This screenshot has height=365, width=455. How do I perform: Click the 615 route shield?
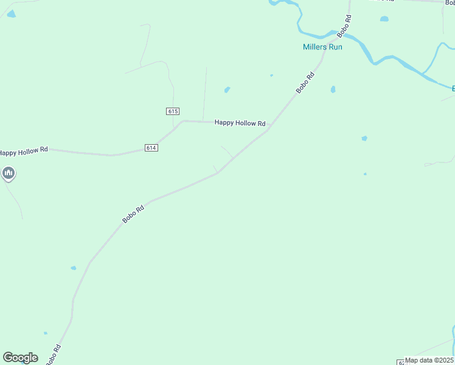[x=173, y=111]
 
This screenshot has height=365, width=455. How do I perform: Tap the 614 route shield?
[x=151, y=148]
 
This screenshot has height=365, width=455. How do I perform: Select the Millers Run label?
[x=322, y=47]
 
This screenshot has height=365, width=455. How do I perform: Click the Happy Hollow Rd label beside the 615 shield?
[x=240, y=123]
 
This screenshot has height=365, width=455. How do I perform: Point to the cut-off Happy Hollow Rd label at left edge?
[x=24, y=151]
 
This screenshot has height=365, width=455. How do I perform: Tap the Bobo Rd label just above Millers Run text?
[x=346, y=24]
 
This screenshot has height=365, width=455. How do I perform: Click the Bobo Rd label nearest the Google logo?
[x=54, y=355]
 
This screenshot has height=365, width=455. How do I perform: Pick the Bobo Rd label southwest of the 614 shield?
[x=133, y=214]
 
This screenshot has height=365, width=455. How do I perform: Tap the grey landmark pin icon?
[x=9, y=174]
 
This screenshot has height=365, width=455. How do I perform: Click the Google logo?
[x=20, y=358]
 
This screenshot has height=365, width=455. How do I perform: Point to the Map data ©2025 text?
[x=429, y=360]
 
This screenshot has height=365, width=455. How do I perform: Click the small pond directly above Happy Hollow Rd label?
[x=227, y=90]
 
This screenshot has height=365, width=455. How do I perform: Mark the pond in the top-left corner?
[x=11, y=13]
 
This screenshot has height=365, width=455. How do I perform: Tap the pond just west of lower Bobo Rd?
[x=73, y=268]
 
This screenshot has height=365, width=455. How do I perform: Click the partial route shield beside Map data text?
[x=401, y=361]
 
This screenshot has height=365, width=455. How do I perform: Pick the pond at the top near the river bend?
[x=384, y=19]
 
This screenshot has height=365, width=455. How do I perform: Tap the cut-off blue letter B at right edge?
[x=453, y=89]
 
